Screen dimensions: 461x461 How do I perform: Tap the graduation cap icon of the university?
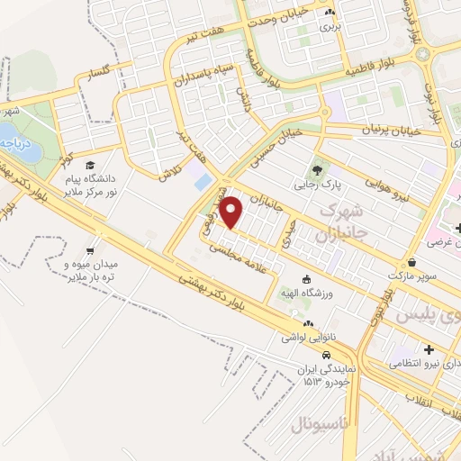pos(90,165)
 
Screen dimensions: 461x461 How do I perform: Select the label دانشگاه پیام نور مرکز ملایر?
pos(90,183)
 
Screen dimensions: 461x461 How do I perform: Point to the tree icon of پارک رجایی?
pos(316,168)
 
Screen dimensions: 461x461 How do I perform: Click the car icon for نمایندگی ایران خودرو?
pos(321,356)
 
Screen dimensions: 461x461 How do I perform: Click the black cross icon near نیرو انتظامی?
pos(429,349)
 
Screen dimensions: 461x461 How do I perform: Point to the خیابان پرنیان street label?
pos(392,131)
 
